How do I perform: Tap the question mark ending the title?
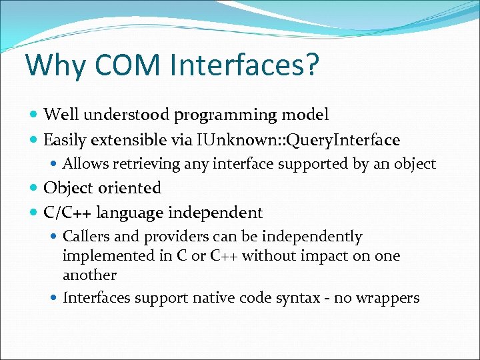311,66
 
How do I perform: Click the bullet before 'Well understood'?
34,115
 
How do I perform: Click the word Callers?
85,237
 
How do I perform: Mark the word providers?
167,237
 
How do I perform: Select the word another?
89,275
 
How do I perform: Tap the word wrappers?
387,298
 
